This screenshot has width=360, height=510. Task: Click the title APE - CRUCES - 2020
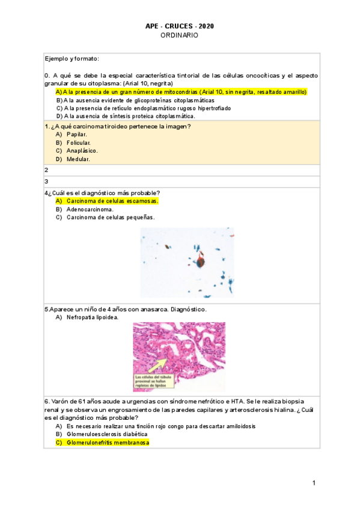click(x=179, y=26)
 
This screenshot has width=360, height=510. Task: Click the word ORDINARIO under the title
click(x=179, y=35)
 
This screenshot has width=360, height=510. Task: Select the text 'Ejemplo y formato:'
click(x=72, y=58)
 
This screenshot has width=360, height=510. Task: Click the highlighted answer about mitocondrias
click(x=181, y=92)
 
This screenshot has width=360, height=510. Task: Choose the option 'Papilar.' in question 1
click(x=76, y=134)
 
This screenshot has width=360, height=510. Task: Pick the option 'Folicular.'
click(x=79, y=143)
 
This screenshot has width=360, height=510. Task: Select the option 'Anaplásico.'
click(x=82, y=151)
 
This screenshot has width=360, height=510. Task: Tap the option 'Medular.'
click(x=78, y=159)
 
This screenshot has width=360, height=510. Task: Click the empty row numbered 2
click(x=180, y=170)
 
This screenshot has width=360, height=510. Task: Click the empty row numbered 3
click(x=180, y=182)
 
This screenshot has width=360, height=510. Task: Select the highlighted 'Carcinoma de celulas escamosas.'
click(x=112, y=201)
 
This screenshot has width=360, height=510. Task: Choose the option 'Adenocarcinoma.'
click(x=90, y=209)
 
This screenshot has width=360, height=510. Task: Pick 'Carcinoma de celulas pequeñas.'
click(x=110, y=218)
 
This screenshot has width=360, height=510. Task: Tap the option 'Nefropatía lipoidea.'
click(x=92, y=317)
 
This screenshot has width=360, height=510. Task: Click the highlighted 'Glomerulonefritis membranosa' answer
click(x=108, y=443)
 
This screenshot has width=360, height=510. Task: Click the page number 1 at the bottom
click(x=314, y=484)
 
